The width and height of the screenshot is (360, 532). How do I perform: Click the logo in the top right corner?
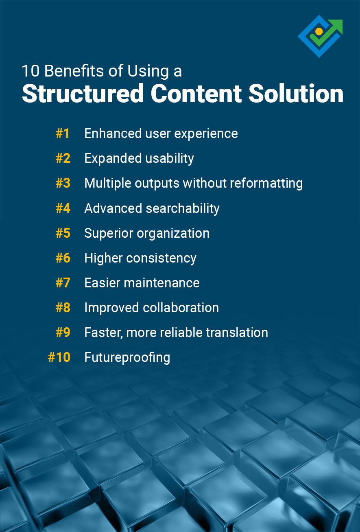(x=320, y=36)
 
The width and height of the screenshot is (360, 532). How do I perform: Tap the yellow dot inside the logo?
(x=319, y=31)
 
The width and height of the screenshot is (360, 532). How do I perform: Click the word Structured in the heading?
(x=83, y=93)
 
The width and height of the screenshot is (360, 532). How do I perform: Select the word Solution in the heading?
(x=296, y=93)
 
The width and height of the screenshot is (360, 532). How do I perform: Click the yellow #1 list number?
(x=63, y=134)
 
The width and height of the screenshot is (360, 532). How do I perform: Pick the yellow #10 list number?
(x=59, y=357)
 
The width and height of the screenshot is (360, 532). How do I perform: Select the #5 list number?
(x=63, y=233)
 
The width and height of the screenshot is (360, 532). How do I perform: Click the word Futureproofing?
(x=127, y=357)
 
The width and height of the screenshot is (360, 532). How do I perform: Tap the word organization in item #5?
(x=173, y=233)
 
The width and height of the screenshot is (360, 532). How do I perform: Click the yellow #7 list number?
(x=63, y=283)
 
